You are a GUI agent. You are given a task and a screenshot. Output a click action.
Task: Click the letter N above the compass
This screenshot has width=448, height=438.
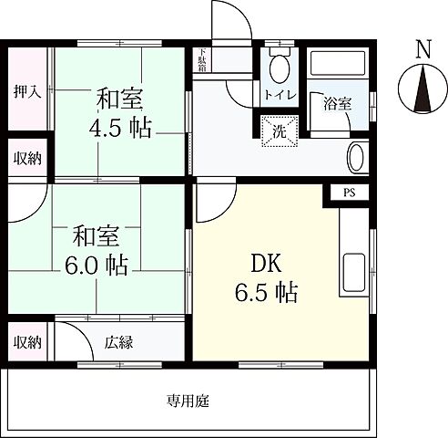coord(422,49)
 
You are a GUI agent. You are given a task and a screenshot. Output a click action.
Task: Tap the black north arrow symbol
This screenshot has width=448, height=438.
coord(422,93)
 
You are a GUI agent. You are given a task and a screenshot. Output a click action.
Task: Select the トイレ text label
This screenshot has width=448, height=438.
coord(278,95)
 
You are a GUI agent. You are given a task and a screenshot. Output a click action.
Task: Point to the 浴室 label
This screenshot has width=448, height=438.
coord(337,103)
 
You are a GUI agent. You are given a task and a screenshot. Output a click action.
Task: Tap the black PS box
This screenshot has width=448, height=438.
coord(350,193)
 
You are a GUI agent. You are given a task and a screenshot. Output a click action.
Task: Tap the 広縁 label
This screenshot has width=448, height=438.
coord(118,342)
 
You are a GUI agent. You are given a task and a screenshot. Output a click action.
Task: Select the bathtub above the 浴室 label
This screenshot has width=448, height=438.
coord(337,66)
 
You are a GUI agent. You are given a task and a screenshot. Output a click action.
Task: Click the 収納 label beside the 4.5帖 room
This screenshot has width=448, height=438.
coord(26,157)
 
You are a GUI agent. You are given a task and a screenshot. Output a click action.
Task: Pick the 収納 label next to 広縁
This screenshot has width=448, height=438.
coord(26,342)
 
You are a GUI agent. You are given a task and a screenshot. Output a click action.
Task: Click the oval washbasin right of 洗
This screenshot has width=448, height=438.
coord(357,158)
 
